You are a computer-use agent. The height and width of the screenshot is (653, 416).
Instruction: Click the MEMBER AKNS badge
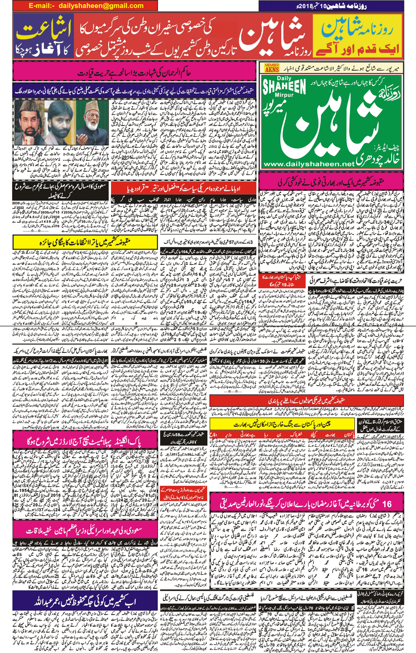point(272,68)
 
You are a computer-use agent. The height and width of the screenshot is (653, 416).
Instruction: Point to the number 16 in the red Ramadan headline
point(386,503)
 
